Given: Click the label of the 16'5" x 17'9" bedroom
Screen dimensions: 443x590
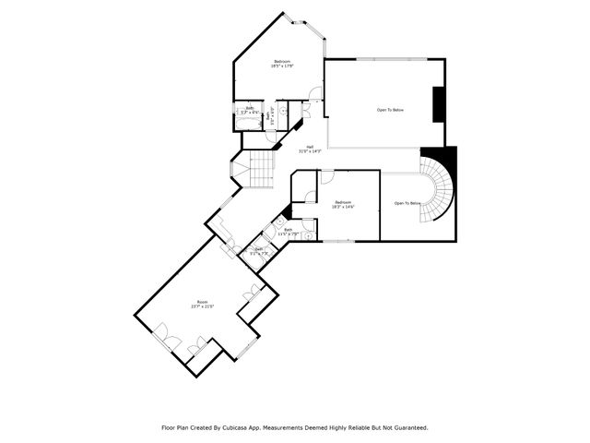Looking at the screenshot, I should click(281, 64).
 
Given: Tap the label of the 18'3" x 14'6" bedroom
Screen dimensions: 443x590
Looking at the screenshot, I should click(344, 204).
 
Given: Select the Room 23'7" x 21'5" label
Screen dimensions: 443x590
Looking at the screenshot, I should click(204, 305).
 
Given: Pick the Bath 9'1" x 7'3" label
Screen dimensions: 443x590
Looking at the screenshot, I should click(259, 249).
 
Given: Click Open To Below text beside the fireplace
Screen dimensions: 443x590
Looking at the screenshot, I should click(390, 110).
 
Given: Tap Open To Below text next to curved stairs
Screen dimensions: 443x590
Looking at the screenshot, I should click(407, 203).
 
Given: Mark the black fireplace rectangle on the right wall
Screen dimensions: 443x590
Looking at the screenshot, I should click(439, 103).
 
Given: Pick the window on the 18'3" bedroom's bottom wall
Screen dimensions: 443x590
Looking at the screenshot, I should click(337, 242).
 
